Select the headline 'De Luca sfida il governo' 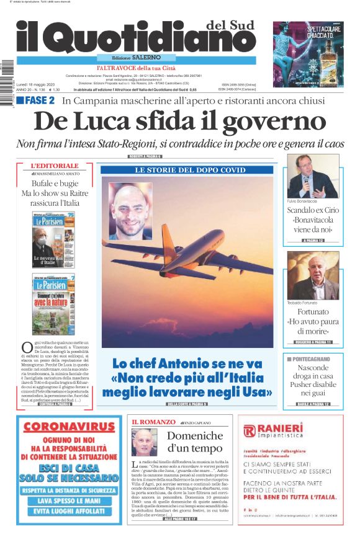(x=179, y=120)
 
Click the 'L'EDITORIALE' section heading (x=55, y=166)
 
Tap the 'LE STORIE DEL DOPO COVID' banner (x=186, y=170)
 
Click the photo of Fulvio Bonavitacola (x=313, y=176)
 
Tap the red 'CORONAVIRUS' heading (x=69, y=427)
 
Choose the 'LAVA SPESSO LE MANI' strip (x=69, y=500)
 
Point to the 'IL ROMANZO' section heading (x=148, y=422)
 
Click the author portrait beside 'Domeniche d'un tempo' (x=144, y=443)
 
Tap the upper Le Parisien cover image (x=54, y=239)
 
